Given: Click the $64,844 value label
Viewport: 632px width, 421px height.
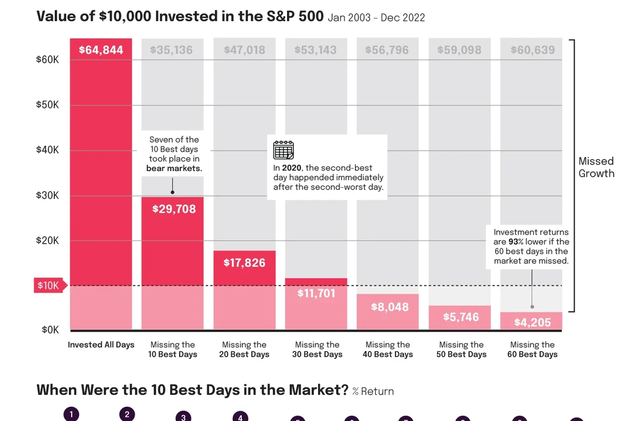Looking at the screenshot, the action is point(101,50).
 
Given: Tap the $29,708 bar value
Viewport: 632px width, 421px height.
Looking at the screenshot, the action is point(174,209).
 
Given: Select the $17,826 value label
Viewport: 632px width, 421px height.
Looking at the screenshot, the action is point(244,263).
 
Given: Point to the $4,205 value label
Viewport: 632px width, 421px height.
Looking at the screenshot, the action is point(532,322).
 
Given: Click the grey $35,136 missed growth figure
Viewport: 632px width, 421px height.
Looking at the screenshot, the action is point(171,50).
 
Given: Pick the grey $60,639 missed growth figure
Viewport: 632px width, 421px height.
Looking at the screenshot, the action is point(532,50).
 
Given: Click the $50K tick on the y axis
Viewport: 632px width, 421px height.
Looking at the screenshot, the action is point(47,105).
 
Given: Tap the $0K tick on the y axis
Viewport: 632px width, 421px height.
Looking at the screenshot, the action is point(50,329).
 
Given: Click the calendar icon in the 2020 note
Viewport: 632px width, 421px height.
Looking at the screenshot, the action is point(283,150).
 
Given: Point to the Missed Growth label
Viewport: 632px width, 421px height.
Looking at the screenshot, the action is point(596,167).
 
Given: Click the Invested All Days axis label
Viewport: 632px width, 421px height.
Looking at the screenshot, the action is point(101,345).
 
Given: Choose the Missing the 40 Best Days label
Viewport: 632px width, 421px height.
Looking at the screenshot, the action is point(388,349).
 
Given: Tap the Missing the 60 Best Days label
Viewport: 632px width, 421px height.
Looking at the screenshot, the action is point(532,349).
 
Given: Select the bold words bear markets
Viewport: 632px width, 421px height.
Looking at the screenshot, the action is point(174,168).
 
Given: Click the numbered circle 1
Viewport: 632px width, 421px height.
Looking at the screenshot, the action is point(71,414).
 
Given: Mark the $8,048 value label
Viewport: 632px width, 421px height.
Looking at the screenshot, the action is point(390,307).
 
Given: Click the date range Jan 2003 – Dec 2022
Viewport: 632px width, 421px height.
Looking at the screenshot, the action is point(377,17).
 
